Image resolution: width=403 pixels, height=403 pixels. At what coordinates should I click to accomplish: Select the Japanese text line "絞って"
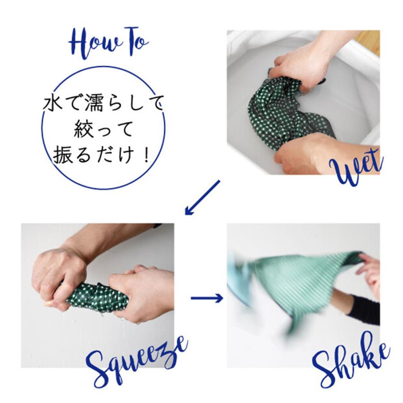103,130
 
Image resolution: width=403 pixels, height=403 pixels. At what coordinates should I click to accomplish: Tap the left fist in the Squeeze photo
56,273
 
